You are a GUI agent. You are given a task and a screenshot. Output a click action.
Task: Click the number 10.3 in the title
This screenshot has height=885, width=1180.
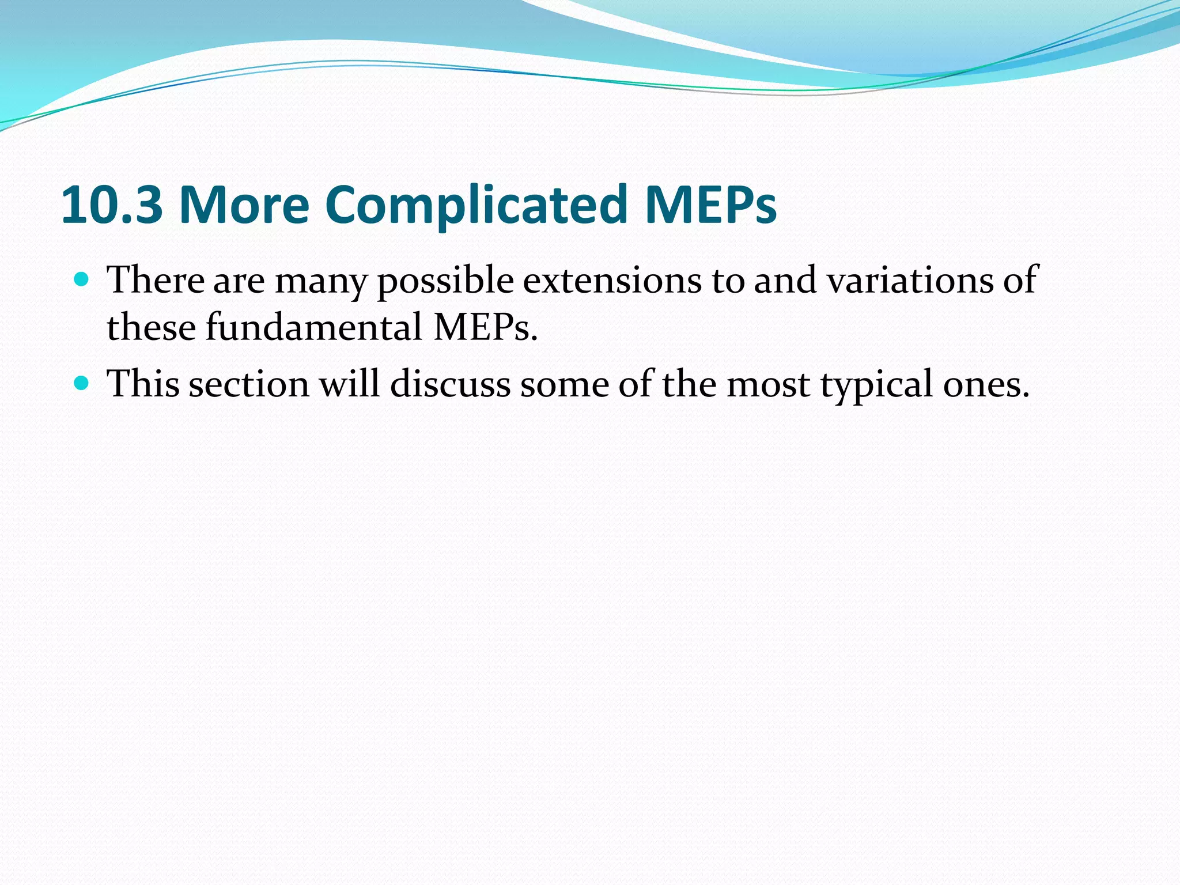[112, 205]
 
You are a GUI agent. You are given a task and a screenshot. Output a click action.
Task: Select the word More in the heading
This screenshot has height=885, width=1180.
[244, 205]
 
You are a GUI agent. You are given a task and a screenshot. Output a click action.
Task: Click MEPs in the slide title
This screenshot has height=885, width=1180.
[710, 205]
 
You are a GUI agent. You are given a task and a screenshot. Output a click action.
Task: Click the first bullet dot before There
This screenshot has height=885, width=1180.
[82, 281]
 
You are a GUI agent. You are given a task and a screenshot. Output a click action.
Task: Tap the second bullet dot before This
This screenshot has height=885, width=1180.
[82, 383]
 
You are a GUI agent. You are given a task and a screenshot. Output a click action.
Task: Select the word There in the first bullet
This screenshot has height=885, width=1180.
[156, 281]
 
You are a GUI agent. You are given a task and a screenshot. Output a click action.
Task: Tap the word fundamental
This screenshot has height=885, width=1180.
[315, 327]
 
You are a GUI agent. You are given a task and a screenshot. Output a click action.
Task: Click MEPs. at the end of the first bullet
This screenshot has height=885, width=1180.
[485, 327]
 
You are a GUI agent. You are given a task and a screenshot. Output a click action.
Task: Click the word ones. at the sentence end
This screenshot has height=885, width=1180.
[986, 384]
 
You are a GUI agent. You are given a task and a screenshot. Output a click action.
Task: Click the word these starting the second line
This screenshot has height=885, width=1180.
[151, 327]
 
